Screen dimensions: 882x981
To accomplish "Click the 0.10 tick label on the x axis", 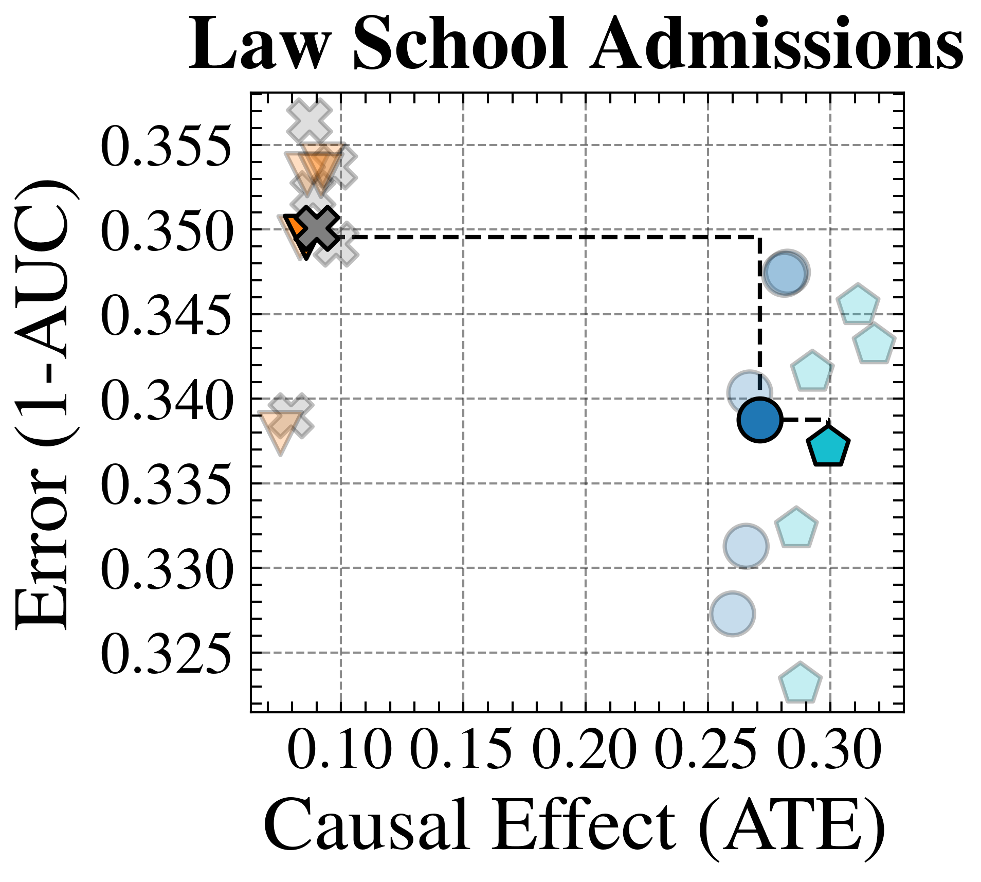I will [339, 751].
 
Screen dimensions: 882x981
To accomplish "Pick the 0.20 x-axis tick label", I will [585, 751].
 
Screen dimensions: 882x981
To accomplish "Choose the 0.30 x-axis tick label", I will [829, 751].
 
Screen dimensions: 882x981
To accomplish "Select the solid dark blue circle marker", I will [760, 420].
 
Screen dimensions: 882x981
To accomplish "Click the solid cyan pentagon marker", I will [828, 446].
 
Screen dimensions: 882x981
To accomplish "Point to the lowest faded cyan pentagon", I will [800, 683].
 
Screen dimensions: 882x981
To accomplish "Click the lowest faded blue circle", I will [733, 614].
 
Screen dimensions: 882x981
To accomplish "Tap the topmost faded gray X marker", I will [309, 121].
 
